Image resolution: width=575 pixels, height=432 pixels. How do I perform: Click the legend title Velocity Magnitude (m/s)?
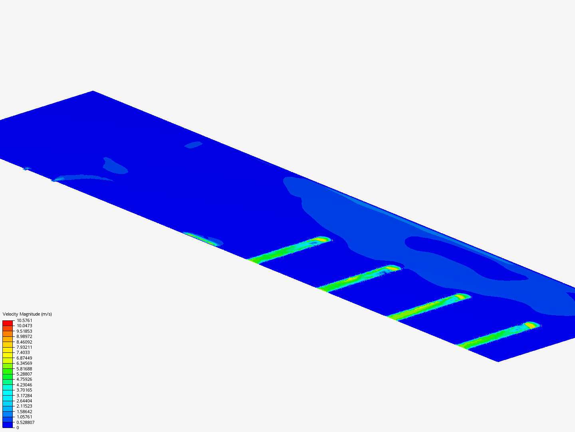(27, 314)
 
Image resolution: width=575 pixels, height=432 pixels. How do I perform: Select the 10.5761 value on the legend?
(24, 320)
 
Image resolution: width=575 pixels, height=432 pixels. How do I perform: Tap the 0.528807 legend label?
(26, 422)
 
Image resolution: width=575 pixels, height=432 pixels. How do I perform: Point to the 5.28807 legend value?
(24, 374)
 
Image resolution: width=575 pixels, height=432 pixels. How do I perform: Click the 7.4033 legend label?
(23, 352)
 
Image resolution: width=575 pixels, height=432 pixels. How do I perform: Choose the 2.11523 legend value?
(24, 406)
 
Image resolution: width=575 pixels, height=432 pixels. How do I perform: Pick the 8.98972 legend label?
(24, 336)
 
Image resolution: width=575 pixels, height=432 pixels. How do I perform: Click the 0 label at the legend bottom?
(18, 428)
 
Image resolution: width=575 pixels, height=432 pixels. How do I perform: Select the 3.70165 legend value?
(24, 390)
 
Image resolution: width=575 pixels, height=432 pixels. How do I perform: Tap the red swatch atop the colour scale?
(8, 323)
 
